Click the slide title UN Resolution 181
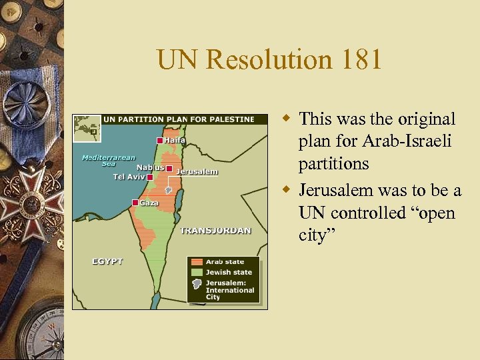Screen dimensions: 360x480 [x=269, y=59]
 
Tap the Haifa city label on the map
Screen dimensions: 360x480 [x=175, y=140]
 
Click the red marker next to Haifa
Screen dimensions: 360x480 [x=160, y=141]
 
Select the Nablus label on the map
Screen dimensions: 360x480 [x=151, y=167]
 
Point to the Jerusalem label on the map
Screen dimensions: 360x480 [x=197, y=172]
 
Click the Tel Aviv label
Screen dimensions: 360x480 [x=129, y=177]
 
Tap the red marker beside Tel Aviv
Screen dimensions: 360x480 [x=150, y=178]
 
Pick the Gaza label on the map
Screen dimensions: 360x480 [x=149, y=203]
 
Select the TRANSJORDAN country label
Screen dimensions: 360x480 [x=215, y=231]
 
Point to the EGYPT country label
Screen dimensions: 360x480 [x=107, y=261]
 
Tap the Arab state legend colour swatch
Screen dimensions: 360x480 [x=197, y=262]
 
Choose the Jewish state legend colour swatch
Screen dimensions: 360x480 [x=197, y=272]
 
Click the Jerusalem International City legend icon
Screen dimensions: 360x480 [x=197, y=283]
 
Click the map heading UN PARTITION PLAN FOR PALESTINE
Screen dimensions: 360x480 [x=179, y=120]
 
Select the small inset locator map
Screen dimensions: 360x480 [x=87, y=128]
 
